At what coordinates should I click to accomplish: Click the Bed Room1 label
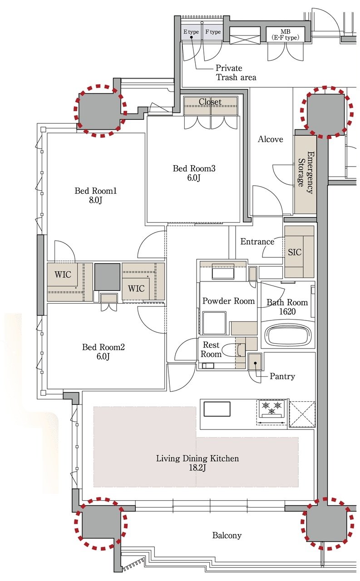pyautogui.click(x=96, y=191)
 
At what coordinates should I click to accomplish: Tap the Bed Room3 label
pyautogui.click(x=194, y=168)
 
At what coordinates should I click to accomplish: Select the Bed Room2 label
pyautogui.click(x=104, y=347)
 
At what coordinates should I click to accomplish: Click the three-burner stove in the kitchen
pyautogui.click(x=271, y=409)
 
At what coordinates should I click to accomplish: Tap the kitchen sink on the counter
pyautogui.click(x=217, y=409)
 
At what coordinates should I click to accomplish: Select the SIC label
pyautogui.click(x=295, y=252)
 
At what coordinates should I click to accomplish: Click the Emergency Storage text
pyautogui.click(x=306, y=172)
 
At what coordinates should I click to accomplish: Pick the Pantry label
pyautogui.click(x=282, y=376)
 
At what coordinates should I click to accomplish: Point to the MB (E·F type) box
pyautogui.click(x=285, y=34)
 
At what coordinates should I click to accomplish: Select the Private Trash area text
pyautogui.click(x=236, y=73)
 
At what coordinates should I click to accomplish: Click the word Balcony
pyautogui.click(x=227, y=535)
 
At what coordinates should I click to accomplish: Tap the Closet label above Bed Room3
pyautogui.click(x=210, y=102)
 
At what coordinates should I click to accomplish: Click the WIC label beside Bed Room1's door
pyautogui.click(x=63, y=274)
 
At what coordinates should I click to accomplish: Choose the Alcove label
pyautogui.click(x=270, y=139)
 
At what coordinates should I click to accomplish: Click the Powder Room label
pyautogui.click(x=228, y=301)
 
